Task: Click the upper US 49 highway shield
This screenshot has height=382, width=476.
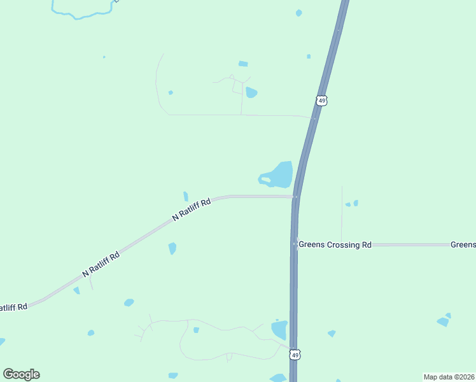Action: (x=321, y=101)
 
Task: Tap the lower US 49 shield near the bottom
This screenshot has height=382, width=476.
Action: (x=294, y=353)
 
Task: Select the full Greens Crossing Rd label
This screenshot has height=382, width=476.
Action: (x=335, y=244)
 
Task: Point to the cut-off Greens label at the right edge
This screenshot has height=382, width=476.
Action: (x=463, y=244)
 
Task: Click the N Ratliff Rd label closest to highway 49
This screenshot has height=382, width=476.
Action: (x=192, y=209)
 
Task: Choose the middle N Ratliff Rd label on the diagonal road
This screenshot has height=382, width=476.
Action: (x=101, y=265)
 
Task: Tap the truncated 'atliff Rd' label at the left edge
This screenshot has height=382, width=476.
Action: (x=13, y=307)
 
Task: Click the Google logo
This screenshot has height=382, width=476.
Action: (x=21, y=374)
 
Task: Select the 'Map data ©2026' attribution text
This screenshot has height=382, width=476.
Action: (x=449, y=377)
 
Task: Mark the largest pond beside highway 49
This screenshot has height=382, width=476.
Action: (x=280, y=174)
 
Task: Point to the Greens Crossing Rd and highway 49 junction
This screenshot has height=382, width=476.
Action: (x=295, y=244)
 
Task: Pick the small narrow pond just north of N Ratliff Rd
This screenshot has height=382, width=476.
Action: (x=186, y=196)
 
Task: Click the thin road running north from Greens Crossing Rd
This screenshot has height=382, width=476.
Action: (x=342, y=213)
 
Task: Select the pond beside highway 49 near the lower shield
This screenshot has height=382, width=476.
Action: (x=279, y=330)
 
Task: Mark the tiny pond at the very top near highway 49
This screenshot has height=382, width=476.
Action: (x=299, y=13)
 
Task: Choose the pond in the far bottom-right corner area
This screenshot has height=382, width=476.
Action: (x=444, y=321)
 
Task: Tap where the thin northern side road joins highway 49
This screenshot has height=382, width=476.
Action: (x=314, y=118)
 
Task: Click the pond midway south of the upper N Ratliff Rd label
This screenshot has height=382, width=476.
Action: (x=172, y=248)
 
